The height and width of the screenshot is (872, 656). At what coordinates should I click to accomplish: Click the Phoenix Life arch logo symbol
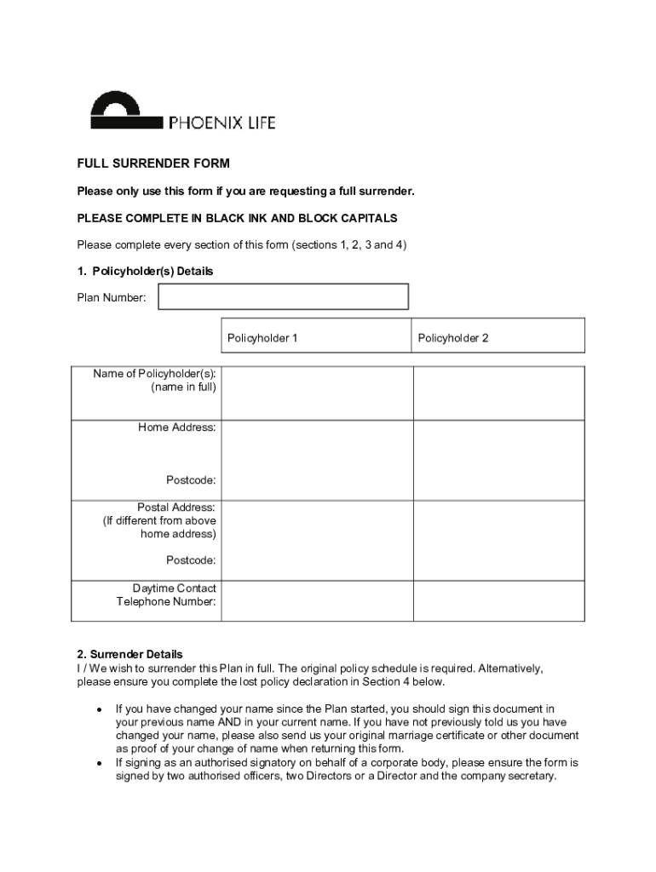[x=126, y=112]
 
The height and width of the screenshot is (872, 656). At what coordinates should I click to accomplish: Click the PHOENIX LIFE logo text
[x=222, y=123]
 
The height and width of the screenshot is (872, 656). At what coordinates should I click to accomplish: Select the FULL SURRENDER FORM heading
[x=153, y=163]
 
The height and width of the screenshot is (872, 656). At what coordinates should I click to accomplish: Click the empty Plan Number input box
[x=283, y=296]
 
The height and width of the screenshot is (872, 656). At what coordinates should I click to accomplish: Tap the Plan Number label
[x=112, y=297]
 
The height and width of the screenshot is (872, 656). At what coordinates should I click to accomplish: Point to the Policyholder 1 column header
[x=262, y=338]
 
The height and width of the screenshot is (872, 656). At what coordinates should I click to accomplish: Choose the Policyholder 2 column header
[x=453, y=338]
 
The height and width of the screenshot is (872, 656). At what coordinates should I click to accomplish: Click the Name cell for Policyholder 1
[x=317, y=393]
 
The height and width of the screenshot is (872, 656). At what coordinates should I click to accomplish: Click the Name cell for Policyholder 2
[x=498, y=393]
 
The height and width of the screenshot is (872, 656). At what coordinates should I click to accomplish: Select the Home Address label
[x=177, y=427]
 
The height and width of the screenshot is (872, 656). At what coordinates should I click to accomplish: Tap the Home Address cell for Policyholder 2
[x=498, y=460]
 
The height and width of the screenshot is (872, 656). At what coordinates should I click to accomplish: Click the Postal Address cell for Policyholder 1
[x=317, y=540]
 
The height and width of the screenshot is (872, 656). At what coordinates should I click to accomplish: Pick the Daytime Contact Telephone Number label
[x=168, y=595]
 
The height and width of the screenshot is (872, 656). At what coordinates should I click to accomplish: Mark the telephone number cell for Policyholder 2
[x=498, y=600]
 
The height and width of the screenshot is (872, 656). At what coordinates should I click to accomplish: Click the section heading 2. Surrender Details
[x=129, y=655]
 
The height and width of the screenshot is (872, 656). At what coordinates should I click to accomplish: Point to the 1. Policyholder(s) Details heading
[x=145, y=271]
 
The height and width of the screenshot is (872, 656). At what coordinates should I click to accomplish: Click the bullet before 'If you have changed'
[x=100, y=709]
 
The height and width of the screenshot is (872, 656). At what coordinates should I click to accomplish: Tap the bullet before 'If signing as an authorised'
[x=100, y=763]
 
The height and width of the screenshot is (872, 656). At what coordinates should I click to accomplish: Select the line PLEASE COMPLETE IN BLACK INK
[x=237, y=218]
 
